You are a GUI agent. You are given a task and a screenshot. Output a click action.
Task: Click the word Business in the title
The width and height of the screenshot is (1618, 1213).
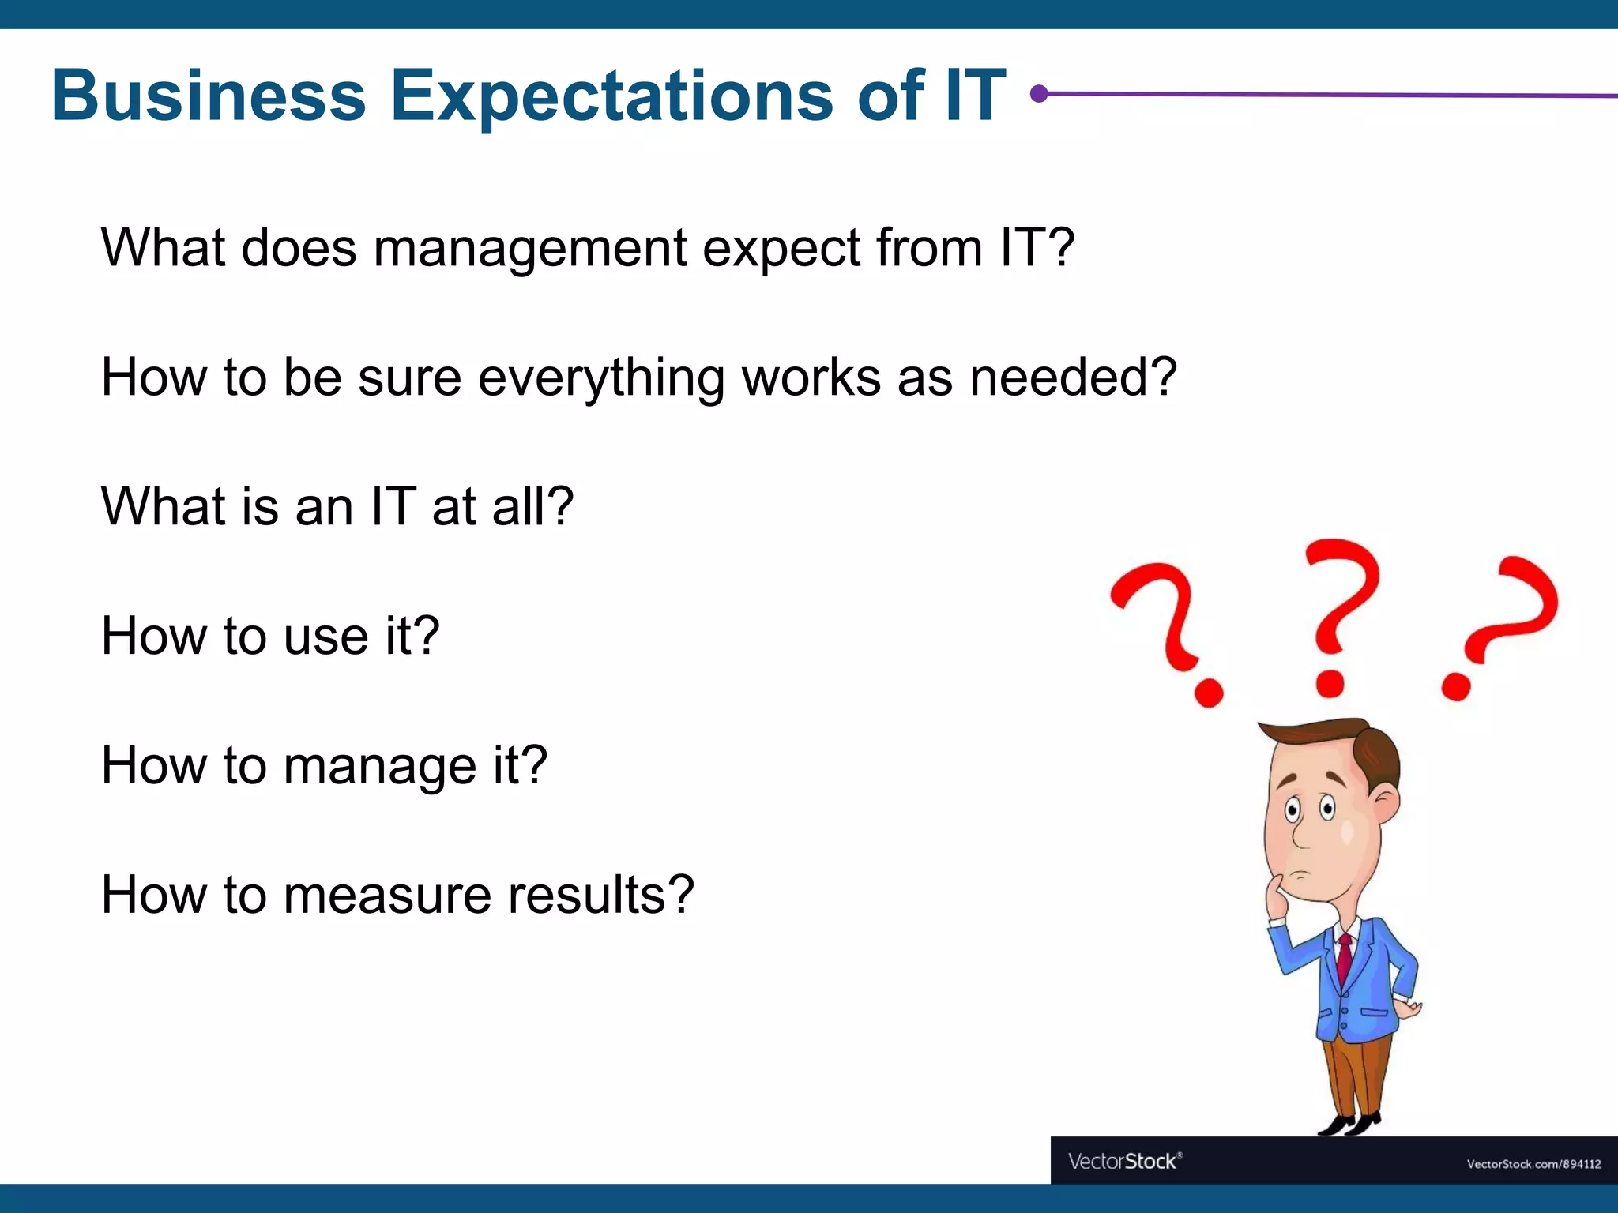coord(209,96)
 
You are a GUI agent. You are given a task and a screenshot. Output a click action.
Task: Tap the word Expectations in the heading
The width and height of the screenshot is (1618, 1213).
coord(611,97)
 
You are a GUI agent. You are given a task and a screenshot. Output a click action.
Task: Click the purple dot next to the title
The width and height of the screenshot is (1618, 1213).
coord(1040,94)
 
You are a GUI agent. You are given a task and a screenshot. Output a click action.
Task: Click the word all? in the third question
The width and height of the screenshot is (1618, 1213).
coord(532,507)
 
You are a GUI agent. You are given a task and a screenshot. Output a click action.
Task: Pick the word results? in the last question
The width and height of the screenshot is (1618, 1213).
coord(600,896)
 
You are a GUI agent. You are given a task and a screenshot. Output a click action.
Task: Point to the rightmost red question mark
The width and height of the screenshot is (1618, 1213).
coord(1501,620)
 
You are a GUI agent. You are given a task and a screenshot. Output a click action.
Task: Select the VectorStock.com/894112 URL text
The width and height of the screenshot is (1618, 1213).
coord(1533,1164)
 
